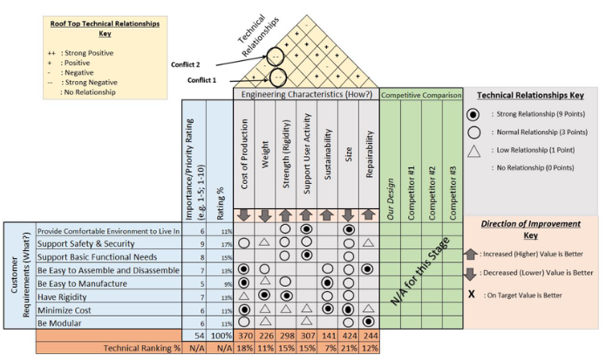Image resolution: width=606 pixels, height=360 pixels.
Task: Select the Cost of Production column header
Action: [x=244, y=166]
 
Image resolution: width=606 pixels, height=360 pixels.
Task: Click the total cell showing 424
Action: [x=349, y=336]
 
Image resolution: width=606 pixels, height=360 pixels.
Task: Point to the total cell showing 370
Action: [x=244, y=336]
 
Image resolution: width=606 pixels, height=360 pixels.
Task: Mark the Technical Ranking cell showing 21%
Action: [x=349, y=349]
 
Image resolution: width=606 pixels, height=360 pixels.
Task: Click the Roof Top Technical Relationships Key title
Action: [x=92, y=32]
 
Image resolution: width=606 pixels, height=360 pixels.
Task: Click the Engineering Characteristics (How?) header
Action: [x=306, y=94]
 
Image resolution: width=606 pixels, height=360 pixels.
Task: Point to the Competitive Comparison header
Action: [x=420, y=94]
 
